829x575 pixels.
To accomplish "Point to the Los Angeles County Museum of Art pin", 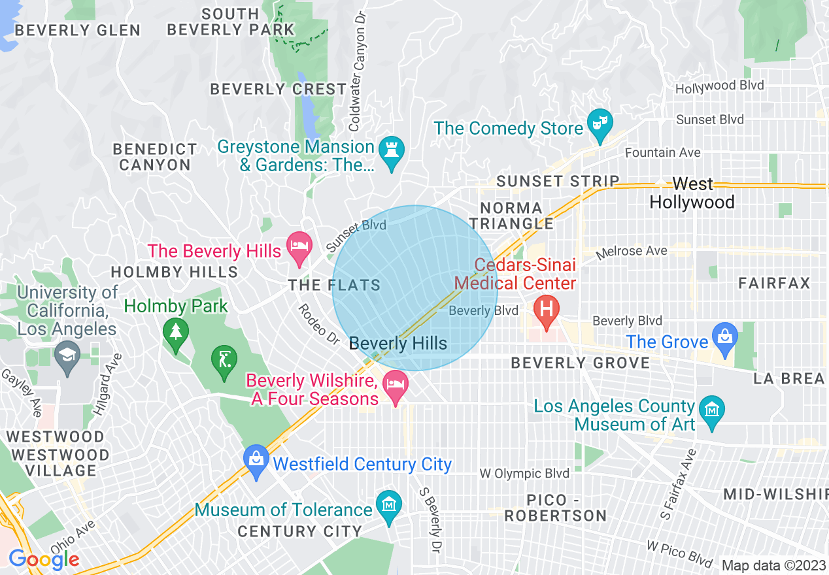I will click(x=711, y=411).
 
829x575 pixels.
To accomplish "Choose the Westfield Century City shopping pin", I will click(x=256, y=459).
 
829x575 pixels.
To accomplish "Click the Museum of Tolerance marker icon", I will click(x=390, y=505).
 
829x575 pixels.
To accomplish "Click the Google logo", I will click(x=44, y=559).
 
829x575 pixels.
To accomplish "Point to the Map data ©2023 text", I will click(x=773, y=565).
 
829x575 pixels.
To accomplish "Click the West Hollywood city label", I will click(x=692, y=193).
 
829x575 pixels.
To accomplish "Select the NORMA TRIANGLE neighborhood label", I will click(x=516, y=216).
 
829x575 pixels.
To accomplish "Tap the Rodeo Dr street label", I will click(x=320, y=325).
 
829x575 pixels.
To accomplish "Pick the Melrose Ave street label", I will click(x=634, y=252).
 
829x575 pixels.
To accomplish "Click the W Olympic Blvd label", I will click(x=524, y=474).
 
